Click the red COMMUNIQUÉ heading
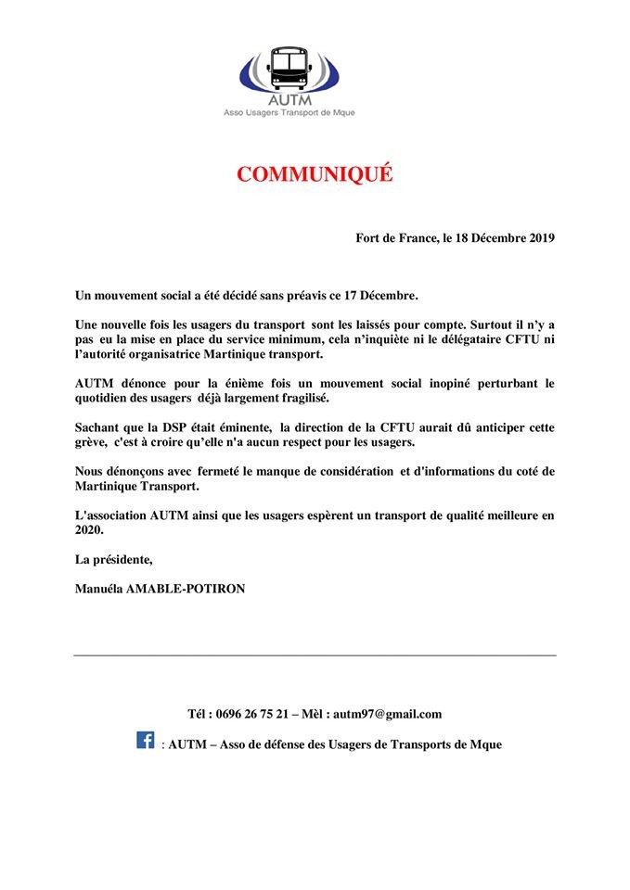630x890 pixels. pos(315,174)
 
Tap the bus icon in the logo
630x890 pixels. pos(289,64)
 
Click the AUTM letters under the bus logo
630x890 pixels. pos(289,99)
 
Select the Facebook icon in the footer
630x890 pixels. pos(146,740)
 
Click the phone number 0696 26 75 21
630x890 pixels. pos(251,714)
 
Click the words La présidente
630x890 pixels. pos(113,559)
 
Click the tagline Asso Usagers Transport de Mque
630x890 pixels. pos(289,113)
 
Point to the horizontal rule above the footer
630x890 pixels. pos(315,655)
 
